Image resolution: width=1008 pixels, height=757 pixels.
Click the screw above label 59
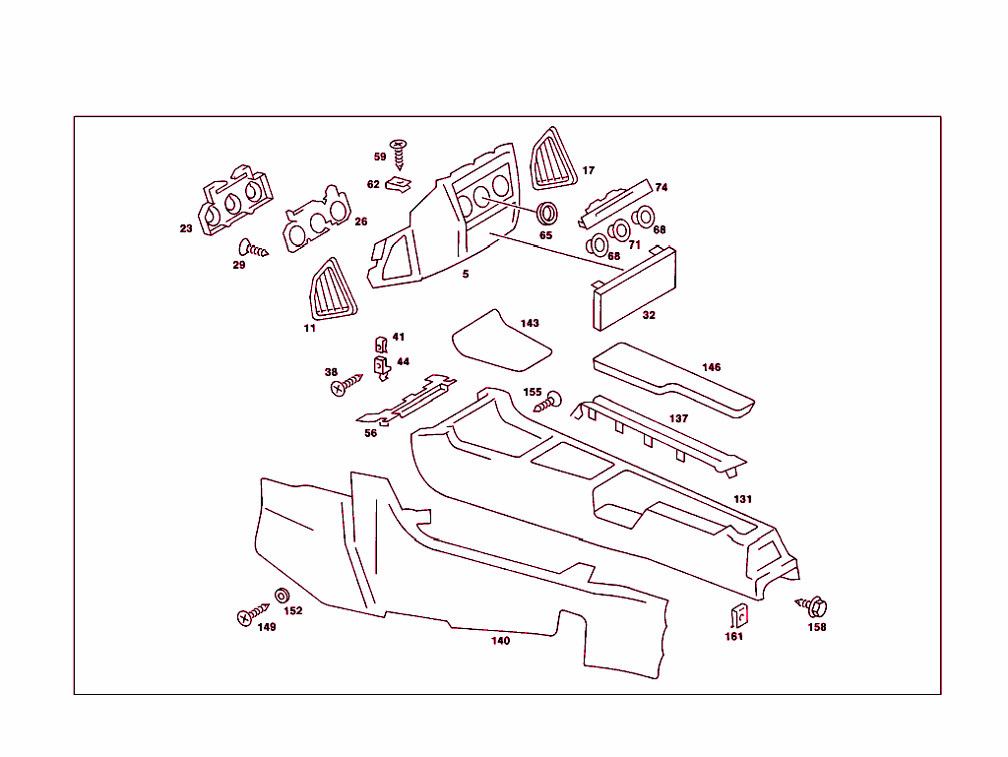400,149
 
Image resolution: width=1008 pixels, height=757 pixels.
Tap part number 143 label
530,323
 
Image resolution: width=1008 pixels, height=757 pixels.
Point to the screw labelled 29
253,248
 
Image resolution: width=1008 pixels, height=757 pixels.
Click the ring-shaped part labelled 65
546,213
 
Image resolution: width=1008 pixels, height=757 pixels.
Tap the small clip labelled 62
399,183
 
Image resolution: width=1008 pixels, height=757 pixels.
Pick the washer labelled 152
283,596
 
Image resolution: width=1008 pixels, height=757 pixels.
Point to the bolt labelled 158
813,604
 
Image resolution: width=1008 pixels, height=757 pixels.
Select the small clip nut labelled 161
735,616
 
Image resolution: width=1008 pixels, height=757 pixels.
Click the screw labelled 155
551,400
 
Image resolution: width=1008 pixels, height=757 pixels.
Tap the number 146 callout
711,367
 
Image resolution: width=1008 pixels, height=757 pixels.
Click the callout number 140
500,641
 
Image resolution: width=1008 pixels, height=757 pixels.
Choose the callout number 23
186,228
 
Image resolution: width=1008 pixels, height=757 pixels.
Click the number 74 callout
661,187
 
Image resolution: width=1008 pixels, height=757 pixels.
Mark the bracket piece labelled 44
382,366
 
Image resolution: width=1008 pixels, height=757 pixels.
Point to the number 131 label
742,499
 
